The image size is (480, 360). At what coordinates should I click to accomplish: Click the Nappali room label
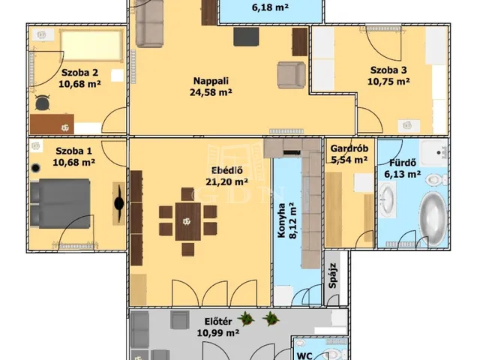pos(211,81)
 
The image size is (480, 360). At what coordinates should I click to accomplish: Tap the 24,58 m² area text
pos(211,92)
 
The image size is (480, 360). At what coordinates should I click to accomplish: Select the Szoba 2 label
pos(79,73)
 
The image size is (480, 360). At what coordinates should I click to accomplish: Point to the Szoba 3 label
pos(388,70)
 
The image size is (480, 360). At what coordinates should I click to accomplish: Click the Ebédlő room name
pos(227,170)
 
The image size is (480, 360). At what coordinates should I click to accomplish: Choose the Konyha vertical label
pos(281,220)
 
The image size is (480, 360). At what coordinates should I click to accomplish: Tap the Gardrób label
pos(349,148)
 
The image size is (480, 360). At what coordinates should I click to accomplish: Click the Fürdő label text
pos(403,163)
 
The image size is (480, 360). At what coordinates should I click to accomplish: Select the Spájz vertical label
pos(332,275)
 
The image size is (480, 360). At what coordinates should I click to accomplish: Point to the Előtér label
pos(218,322)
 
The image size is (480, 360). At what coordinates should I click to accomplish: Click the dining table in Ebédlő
pos(188,221)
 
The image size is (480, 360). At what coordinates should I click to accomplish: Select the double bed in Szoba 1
pos(61,203)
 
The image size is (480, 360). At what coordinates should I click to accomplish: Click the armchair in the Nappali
pos(292,75)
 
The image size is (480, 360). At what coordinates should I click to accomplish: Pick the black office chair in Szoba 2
pos(42,103)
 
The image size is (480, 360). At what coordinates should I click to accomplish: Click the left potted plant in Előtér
pos(246,319)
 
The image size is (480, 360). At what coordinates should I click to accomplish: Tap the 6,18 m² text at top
pos(270,7)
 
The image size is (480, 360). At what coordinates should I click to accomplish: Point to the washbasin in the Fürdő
pos(387,199)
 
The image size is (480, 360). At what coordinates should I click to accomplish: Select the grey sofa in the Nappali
pos(149,23)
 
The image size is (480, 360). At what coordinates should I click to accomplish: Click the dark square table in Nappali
pos(246,37)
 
